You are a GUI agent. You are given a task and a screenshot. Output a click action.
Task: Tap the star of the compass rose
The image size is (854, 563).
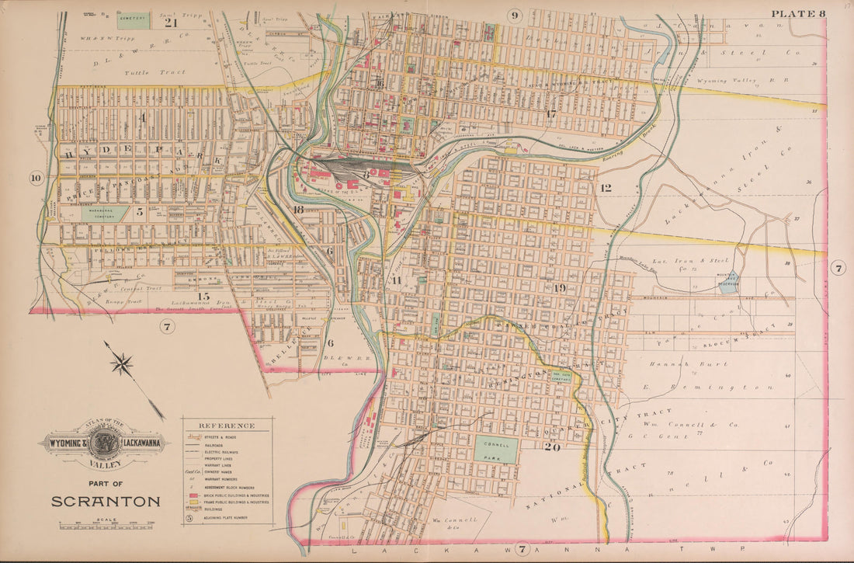pos(122,363)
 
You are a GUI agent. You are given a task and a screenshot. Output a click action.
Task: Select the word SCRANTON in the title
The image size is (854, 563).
pos(106,501)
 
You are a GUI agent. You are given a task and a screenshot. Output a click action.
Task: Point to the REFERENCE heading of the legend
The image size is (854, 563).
pos(227,426)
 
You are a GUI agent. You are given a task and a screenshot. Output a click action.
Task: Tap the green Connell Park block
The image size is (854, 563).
pos(496,450)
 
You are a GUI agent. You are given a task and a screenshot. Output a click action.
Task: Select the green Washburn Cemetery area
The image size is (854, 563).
pos(105,213)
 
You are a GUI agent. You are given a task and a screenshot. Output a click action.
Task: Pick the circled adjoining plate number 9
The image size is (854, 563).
pos(515,15)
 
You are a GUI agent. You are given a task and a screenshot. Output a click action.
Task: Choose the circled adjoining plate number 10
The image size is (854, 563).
pos(36,178)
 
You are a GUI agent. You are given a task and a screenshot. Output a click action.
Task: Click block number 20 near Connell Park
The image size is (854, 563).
pos(552,447)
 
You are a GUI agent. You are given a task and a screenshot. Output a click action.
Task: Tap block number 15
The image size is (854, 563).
pos(203,296)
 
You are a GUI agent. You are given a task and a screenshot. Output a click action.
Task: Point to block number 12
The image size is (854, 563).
pos(606,187)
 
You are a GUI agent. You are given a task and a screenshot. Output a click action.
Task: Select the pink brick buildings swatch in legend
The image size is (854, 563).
pos(191,494)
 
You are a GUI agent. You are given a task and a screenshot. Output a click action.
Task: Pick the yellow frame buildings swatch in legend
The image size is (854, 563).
pos(191,502)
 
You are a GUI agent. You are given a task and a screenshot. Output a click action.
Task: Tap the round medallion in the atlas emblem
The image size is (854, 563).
pos(102,445)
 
